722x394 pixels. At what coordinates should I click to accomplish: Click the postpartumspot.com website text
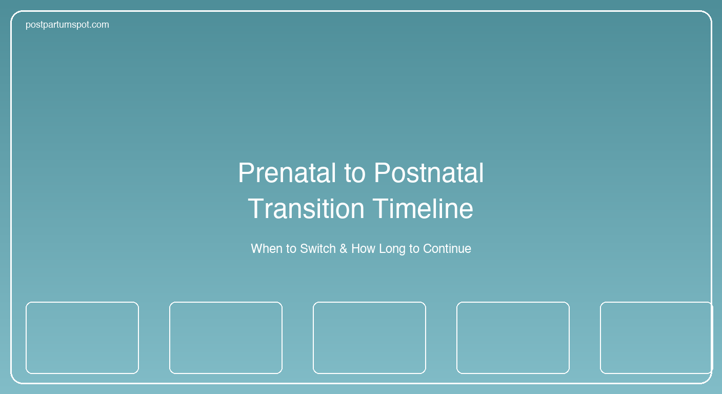pos(67,25)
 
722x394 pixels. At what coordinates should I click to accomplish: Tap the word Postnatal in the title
pos(429,173)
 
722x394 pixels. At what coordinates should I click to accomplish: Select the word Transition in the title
pos(306,209)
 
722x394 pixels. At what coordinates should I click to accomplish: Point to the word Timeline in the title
pos(423,209)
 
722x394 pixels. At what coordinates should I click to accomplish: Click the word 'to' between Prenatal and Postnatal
pos(355,173)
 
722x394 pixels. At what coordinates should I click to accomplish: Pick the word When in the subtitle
pos(267,249)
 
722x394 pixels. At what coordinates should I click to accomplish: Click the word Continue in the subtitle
pos(447,249)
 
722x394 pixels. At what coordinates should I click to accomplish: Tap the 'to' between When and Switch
pos(291,249)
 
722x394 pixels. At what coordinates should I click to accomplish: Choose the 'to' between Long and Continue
pos(414,249)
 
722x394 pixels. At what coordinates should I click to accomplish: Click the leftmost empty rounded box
pos(82,338)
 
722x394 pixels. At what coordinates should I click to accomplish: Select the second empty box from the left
pos(226,338)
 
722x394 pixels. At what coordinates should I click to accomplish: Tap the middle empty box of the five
pos(369,338)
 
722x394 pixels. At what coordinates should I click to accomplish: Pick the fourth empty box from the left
pos(513,338)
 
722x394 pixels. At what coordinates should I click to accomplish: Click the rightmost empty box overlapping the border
pos(655,338)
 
